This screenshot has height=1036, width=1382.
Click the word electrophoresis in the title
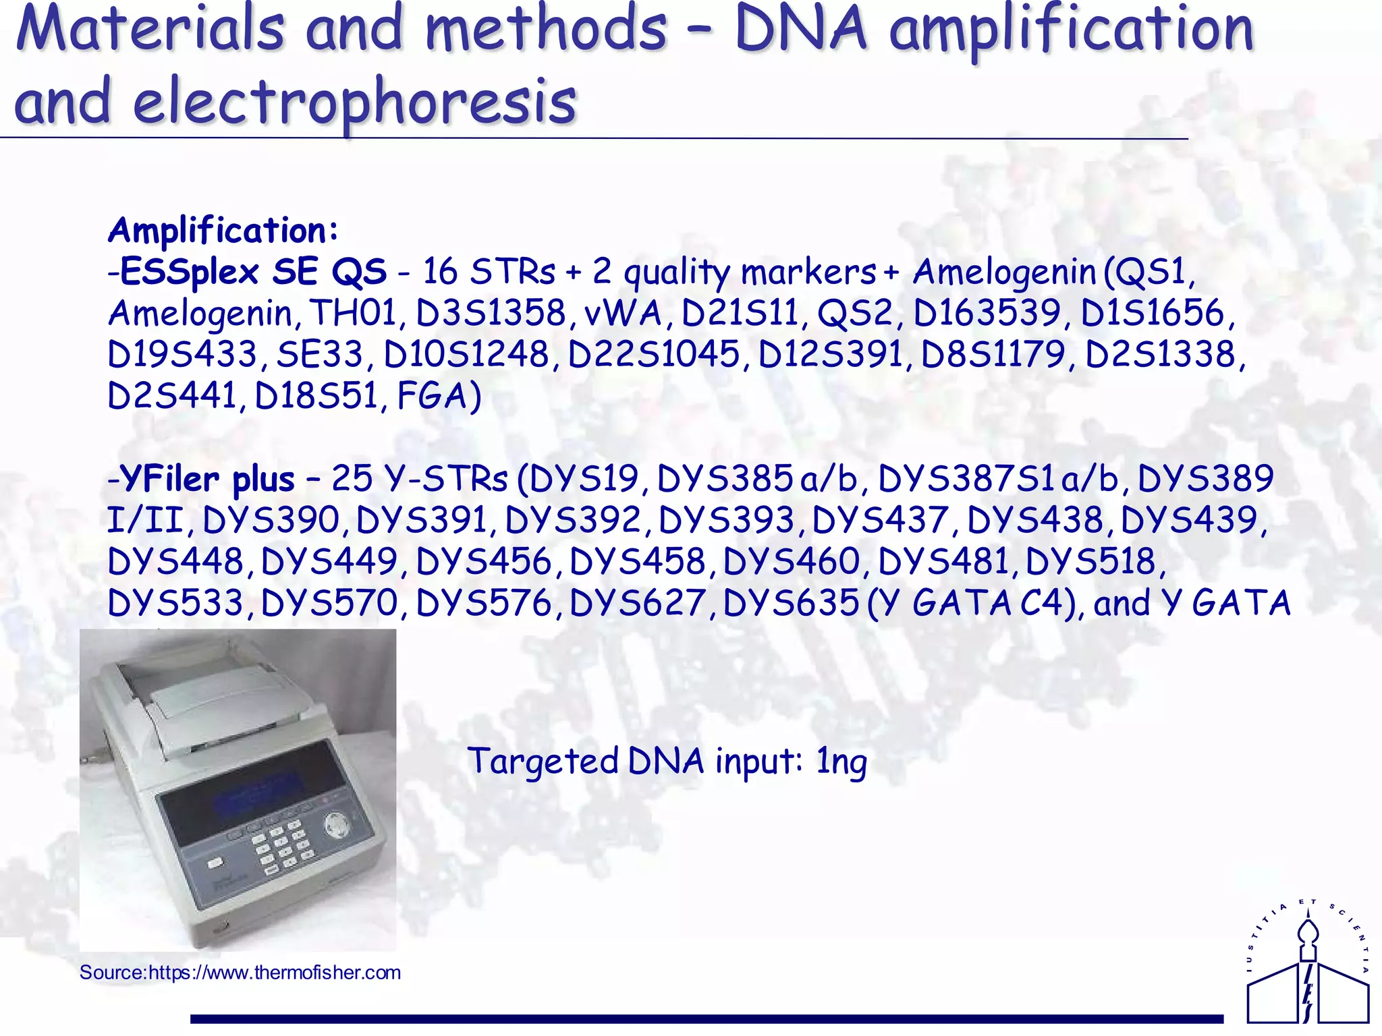coord(354,103)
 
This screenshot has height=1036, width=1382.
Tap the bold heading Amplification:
coord(223,231)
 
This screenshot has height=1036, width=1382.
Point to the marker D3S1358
coord(491,314)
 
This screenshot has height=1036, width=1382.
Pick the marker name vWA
coord(622,314)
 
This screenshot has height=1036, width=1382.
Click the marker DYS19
coord(584,480)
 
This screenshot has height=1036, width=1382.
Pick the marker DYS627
coord(638,603)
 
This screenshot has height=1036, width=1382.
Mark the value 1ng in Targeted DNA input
coord(841,762)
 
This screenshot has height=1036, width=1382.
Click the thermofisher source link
coord(240,973)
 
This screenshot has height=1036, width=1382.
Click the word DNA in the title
coord(801,30)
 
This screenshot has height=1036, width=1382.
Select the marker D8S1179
coord(993,355)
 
